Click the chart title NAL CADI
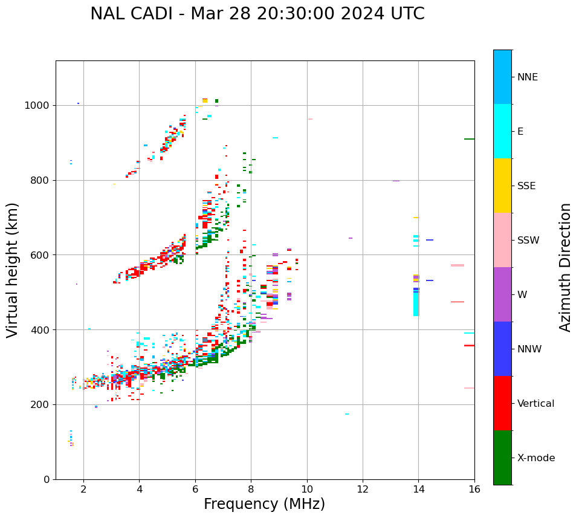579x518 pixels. point(257,14)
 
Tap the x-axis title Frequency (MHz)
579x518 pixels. point(264,504)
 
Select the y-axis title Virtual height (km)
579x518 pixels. point(13,270)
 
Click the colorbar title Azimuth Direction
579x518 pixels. point(565,267)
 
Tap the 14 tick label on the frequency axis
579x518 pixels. point(418,489)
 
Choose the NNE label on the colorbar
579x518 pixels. point(528,77)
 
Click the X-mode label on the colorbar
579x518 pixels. point(536,458)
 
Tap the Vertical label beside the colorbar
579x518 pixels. point(536,404)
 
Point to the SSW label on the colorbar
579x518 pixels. point(528,241)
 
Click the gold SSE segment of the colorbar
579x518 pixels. point(502,186)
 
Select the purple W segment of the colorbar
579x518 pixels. point(502,294)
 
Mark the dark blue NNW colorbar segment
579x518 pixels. point(502,349)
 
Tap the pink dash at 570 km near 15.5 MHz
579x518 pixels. point(458,265)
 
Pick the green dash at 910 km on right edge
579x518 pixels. point(469,139)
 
